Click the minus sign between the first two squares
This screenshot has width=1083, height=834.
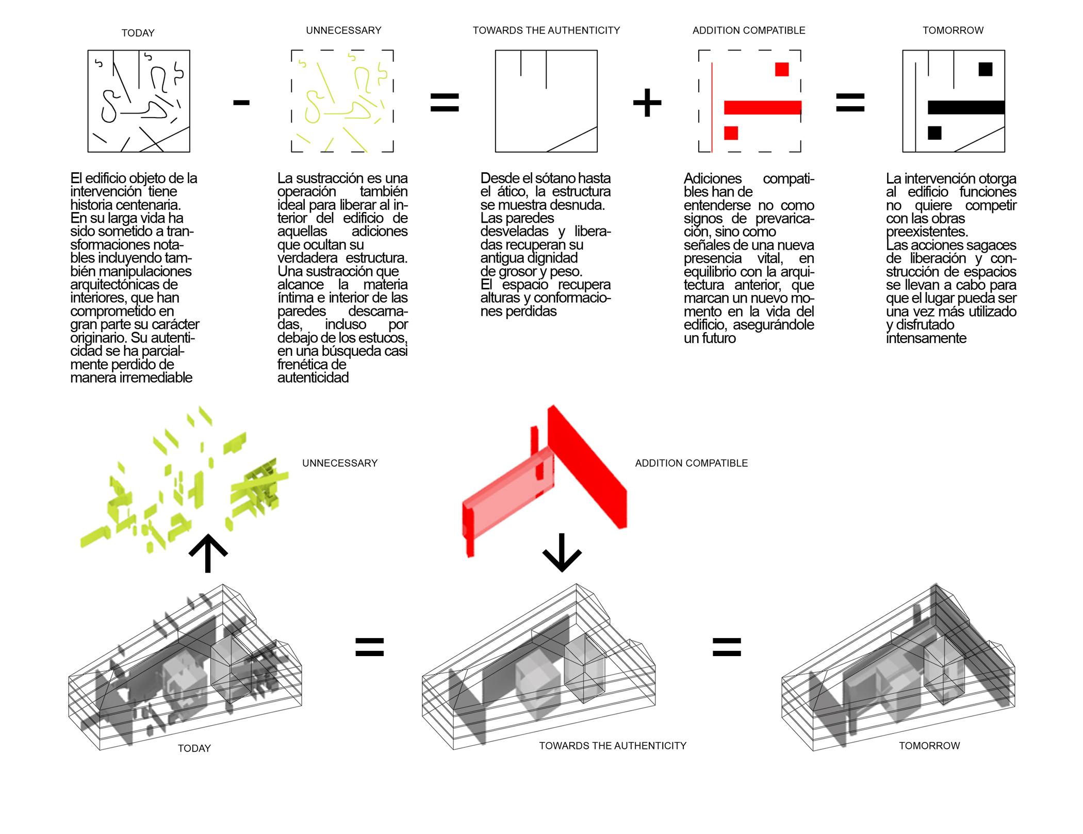pos(241,103)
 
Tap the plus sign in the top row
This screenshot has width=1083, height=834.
pos(647,103)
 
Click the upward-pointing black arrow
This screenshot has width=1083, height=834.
pos(208,553)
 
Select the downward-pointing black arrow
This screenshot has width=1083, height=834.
pos(562,553)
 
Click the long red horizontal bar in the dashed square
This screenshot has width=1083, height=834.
pos(762,107)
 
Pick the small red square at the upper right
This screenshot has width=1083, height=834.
pos(781,69)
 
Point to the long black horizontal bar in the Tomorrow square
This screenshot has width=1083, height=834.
pos(966,107)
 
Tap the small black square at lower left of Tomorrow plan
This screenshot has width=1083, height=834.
pos(934,133)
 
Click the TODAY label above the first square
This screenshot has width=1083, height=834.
pos(138,33)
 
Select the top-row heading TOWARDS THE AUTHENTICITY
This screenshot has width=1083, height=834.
pos(546,30)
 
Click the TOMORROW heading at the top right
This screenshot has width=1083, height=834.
pos(953,30)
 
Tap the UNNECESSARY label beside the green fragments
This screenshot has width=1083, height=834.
pos(340,463)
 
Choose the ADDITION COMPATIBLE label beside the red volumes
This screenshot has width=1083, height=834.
pos(691,463)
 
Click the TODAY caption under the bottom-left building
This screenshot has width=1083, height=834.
pos(194,748)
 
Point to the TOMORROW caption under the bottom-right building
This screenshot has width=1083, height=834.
pos(929,746)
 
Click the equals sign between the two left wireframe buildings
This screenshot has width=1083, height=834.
pos(370,647)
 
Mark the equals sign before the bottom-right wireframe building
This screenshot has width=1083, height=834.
pos(726,647)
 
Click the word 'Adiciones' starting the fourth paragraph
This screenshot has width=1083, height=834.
pos(712,178)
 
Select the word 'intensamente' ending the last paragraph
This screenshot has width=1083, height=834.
pos(926,338)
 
